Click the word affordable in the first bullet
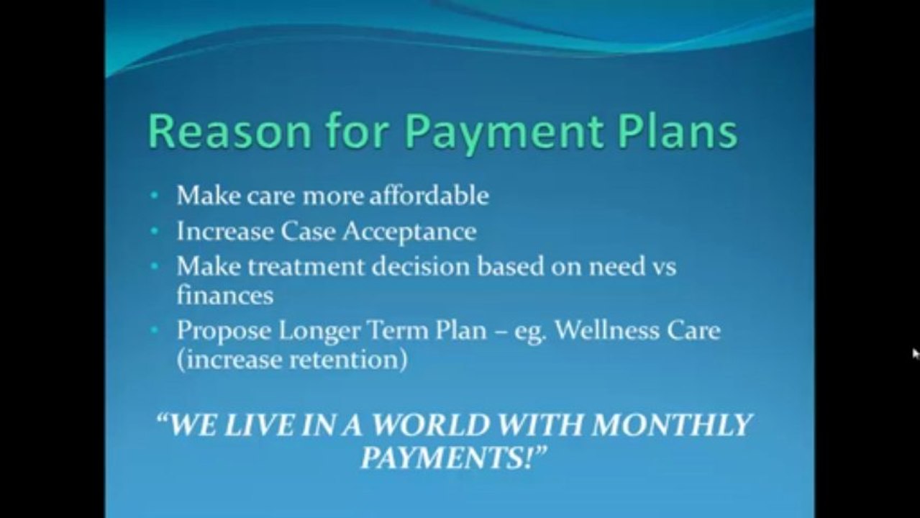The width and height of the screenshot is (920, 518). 429,196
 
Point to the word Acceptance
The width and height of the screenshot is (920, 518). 409,232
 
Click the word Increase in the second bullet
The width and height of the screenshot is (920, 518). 225,232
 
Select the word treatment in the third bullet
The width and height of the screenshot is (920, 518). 306,267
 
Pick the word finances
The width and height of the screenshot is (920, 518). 224,295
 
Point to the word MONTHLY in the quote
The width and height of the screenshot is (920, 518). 671,425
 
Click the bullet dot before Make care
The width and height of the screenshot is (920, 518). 156,196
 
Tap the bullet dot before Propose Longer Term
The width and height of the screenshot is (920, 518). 156,331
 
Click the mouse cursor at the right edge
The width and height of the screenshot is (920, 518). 915,353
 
